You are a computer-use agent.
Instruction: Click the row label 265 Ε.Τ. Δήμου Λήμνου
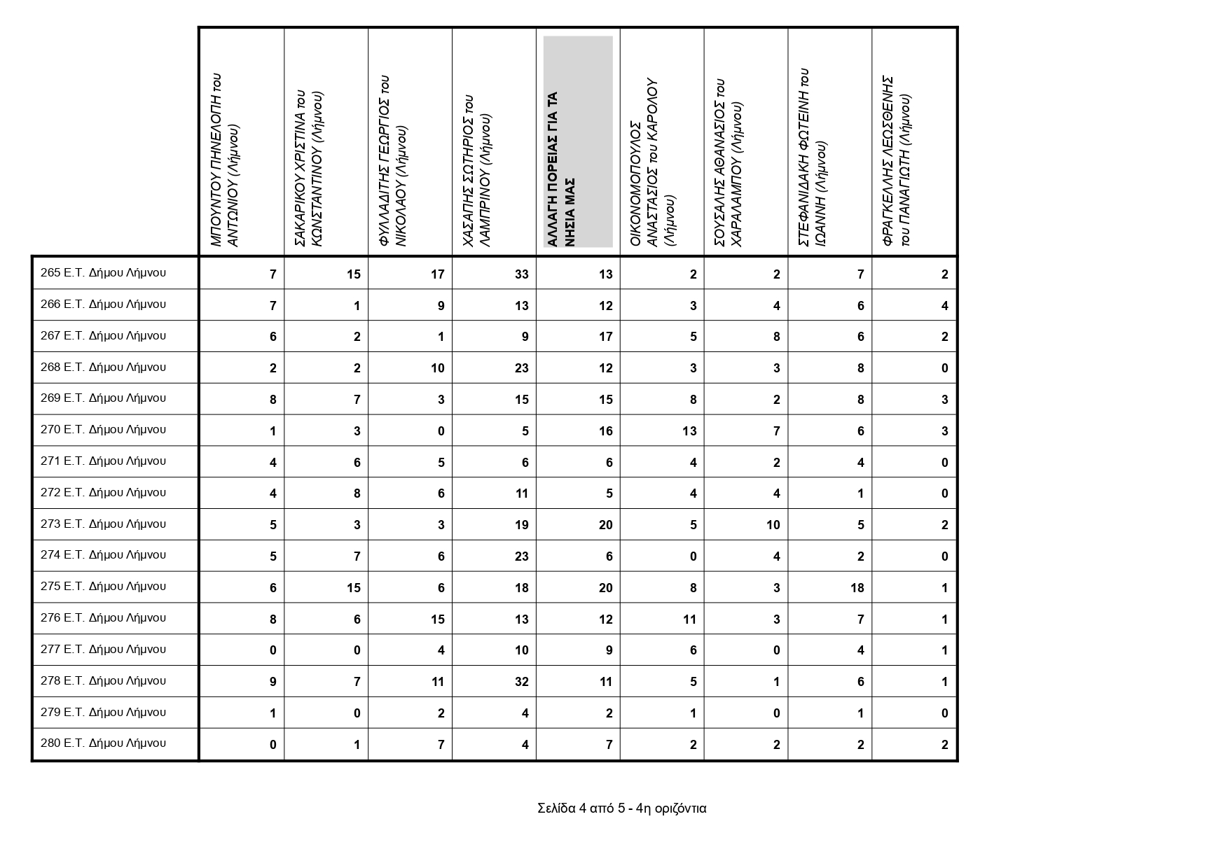pyautogui.click(x=103, y=273)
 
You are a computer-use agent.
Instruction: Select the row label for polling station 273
pyautogui.click(x=103, y=524)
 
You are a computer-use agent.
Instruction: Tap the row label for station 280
pyautogui.click(x=103, y=743)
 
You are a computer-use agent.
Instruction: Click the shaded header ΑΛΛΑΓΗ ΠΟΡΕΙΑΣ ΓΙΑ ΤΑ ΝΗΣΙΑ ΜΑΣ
pyautogui.click(x=578, y=142)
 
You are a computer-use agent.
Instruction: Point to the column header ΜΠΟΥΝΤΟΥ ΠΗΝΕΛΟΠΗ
pyautogui.click(x=226, y=161)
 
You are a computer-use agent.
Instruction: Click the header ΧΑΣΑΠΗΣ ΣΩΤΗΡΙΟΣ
pyautogui.click(x=477, y=171)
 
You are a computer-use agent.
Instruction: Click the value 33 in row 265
pyautogui.click(x=521, y=274)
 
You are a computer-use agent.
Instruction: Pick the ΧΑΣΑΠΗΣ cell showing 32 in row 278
pyautogui.click(x=521, y=682)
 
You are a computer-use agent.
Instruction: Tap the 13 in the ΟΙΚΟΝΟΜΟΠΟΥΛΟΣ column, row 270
pyautogui.click(x=689, y=431)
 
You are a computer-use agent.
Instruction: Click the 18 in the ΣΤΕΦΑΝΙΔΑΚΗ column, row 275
pyautogui.click(x=857, y=588)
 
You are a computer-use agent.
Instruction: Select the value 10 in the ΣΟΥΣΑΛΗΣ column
pyautogui.click(x=773, y=525)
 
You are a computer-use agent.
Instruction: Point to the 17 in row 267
pyautogui.click(x=605, y=337)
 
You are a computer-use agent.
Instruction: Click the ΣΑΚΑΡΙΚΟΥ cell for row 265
pyautogui.click(x=353, y=274)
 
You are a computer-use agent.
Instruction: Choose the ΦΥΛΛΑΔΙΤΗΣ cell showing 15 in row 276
pyautogui.click(x=437, y=619)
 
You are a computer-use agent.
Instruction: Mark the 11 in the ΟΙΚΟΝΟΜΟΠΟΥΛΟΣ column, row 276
pyautogui.click(x=689, y=619)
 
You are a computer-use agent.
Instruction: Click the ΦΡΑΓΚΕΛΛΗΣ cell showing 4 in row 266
pyautogui.click(x=944, y=306)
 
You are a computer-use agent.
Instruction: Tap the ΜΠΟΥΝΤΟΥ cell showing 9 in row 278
pyautogui.click(x=273, y=682)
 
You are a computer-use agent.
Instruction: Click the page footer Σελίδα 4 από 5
pyautogui.click(x=621, y=808)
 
